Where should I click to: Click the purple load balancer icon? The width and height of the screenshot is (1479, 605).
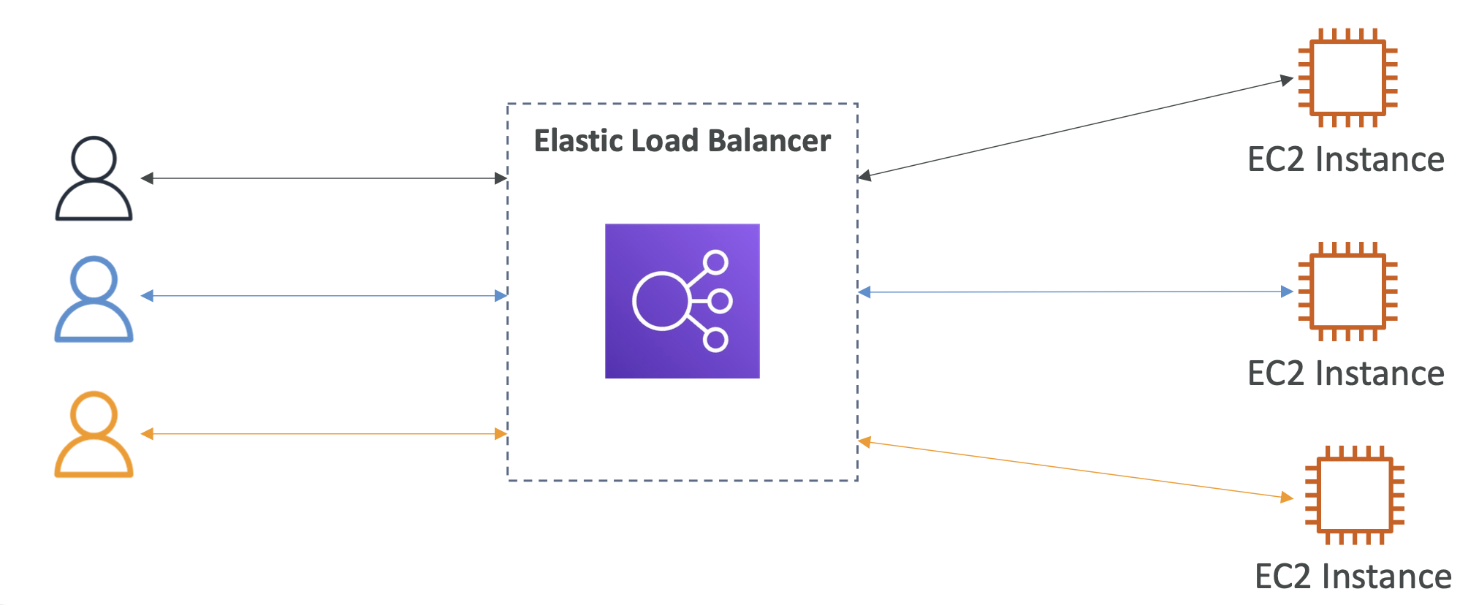click(683, 301)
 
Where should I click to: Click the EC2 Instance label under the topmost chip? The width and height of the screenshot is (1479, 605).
click(1346, 159)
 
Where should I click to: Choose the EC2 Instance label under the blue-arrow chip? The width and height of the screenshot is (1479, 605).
click(1346, 373)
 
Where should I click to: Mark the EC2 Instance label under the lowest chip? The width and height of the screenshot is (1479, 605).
click(1353, 577)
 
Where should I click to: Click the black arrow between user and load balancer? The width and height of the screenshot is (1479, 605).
click(324, 178)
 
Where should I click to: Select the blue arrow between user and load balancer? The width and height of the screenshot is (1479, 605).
click(324, 296)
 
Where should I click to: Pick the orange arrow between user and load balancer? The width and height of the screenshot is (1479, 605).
click(324, 434)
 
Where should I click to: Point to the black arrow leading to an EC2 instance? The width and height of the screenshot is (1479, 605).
click(1076, 128)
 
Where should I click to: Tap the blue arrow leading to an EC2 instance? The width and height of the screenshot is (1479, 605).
click(1076, 292)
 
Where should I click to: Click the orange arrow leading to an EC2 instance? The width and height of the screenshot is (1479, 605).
click(1076, 470)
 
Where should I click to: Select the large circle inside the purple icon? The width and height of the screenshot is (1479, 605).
click(634, 301)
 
